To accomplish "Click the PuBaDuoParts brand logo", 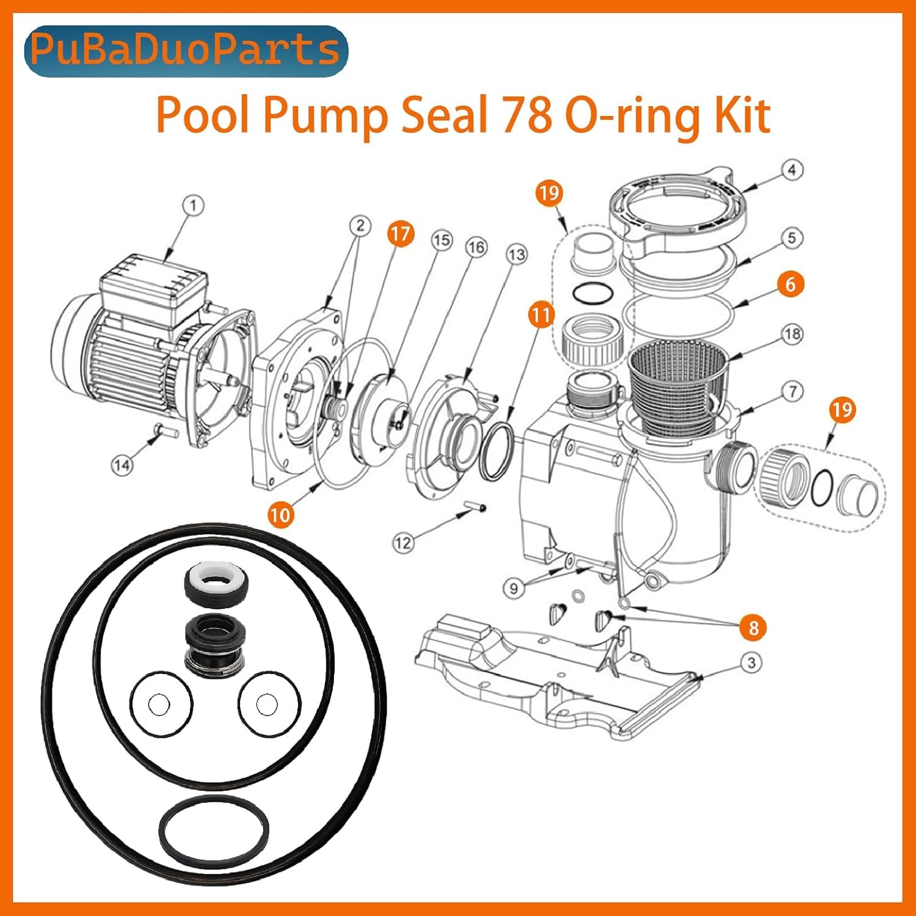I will [x=186, y=51].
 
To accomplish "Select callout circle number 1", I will [x=194, y=205].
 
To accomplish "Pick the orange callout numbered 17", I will [x=401, y=234].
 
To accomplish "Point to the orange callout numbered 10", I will [x=280, y=515].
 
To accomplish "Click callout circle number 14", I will [x=122, y=465].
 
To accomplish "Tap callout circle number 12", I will [x=403, y=543].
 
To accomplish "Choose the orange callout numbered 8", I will [x=753, y=628].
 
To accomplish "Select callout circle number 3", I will [x=751, y=663].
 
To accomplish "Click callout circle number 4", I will [x=792, y=170].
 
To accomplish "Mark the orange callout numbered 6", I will [x=791, y=284].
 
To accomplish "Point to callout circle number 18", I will [x=792, y=334].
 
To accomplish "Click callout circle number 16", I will [x=476, y=247].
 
